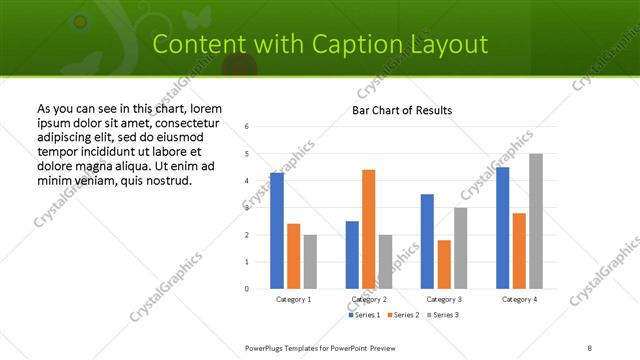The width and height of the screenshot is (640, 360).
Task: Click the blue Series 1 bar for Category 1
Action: point(277,231)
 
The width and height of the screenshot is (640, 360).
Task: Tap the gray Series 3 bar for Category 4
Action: point(536,221)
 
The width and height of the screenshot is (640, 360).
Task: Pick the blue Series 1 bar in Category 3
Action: point(427,241)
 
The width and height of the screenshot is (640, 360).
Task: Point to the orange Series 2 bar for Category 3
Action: point(444,264)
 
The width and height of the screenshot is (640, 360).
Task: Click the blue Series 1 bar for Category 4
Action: point(503,228)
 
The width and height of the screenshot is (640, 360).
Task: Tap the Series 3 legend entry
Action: point(444,315)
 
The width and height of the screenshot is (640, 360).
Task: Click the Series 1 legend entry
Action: point(365,315)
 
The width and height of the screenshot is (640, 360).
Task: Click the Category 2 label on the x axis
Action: point(369,299)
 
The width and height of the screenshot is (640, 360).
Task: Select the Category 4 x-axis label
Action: point(519,299)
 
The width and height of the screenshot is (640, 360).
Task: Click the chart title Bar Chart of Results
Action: point(402,110)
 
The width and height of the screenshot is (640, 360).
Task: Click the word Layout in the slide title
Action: point(450,44)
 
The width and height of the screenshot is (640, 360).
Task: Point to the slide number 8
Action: point(590,347)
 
